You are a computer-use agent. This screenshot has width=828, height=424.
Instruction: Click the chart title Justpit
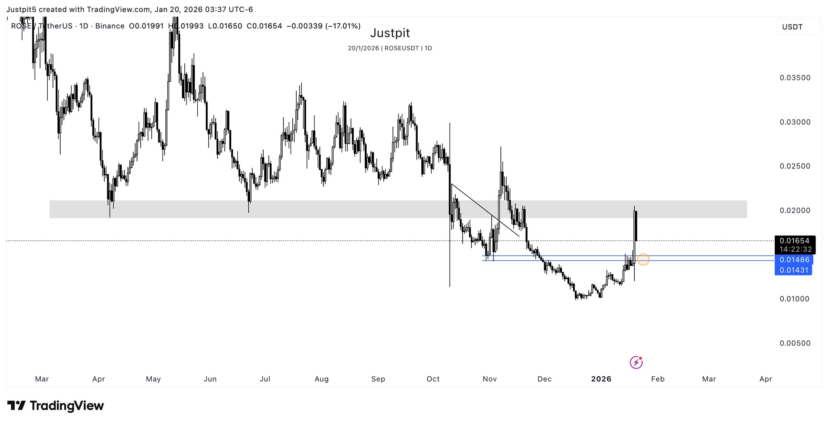[390, 33]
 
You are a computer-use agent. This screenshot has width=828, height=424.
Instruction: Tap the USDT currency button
[792, 27]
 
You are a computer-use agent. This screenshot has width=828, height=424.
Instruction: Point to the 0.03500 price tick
[795, 78]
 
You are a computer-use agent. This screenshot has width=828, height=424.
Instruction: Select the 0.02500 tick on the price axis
[795, 166]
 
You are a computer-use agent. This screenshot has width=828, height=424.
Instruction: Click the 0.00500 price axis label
[795, 343]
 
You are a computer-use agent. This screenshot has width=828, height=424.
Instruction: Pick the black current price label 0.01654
[794, 241]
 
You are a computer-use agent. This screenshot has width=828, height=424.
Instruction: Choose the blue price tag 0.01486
[794, 260]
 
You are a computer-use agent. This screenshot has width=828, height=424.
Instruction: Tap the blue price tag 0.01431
[794, 270]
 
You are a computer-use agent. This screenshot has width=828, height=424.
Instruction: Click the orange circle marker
[643, 259]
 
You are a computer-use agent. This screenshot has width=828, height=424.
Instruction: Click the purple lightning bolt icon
[636, 362]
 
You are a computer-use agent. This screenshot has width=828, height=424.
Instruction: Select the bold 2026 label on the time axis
[601, 379]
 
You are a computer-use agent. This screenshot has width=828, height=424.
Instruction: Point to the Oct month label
[433, 379]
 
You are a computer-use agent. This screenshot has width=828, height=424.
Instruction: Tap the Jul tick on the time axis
[265, 379]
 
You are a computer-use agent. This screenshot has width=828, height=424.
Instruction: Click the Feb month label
[658, 379]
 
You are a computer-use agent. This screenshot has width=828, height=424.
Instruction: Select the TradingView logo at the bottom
[56, 405]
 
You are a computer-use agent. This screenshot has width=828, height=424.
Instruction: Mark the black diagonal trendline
[485, 210]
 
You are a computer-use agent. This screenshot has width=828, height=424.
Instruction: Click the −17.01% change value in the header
[343, 26]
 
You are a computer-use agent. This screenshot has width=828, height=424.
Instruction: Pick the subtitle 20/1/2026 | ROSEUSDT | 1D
[390, 48]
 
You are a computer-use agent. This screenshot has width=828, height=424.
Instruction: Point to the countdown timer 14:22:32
[795, 249]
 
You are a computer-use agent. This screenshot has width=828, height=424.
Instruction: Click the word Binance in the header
[110, 26]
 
